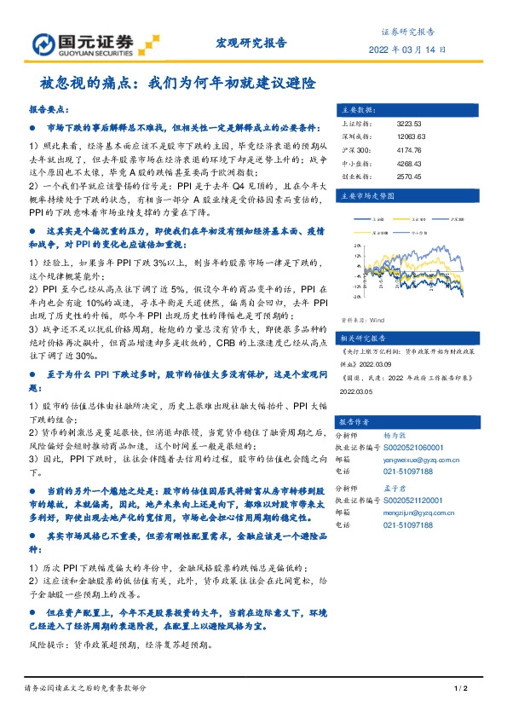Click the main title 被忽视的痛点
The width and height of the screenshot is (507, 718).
(x=177, y=84)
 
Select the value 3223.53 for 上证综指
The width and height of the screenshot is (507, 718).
(x=409, y=124)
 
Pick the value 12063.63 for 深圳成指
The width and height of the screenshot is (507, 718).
(x=411, y=137)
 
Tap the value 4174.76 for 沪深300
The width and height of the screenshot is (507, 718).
(x=409, y=151)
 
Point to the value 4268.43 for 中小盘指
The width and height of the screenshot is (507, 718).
(x=409, y=165)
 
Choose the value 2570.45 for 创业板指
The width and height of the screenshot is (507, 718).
(x=409, y=177)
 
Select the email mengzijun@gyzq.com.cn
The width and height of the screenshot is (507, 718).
(x=422, y=513)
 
